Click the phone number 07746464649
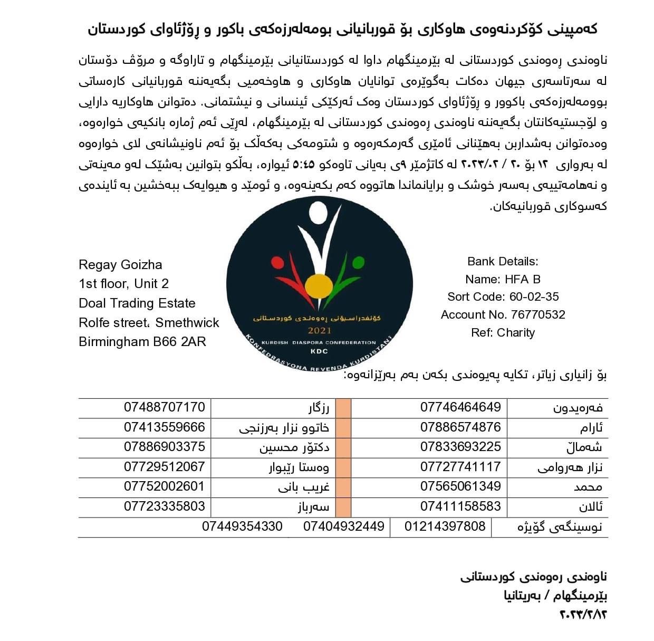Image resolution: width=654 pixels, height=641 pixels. (460, 407)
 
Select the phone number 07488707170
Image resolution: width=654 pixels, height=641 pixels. (165, 407)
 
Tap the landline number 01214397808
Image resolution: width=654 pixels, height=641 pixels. (445, 526)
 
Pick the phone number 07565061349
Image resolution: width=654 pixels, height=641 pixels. (460, 486)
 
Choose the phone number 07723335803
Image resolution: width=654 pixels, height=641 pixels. (165, 506)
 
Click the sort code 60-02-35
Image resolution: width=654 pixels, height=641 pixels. (534, 296)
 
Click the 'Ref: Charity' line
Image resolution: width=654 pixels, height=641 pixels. (503, 332)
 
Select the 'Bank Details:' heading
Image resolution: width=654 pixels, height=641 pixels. (503, 261)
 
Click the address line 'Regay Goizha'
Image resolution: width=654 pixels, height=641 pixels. (120, 265)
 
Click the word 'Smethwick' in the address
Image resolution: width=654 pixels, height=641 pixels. (187, 322)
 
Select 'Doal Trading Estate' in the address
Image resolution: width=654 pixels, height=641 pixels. (137, 303)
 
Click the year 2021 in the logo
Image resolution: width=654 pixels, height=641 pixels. (320, 331)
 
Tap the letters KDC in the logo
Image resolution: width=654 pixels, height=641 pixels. (319, 351)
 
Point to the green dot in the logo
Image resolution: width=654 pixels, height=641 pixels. (358, 262)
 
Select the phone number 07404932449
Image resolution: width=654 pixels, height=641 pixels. (343, 526)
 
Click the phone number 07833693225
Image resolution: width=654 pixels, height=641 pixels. (460, 446)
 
